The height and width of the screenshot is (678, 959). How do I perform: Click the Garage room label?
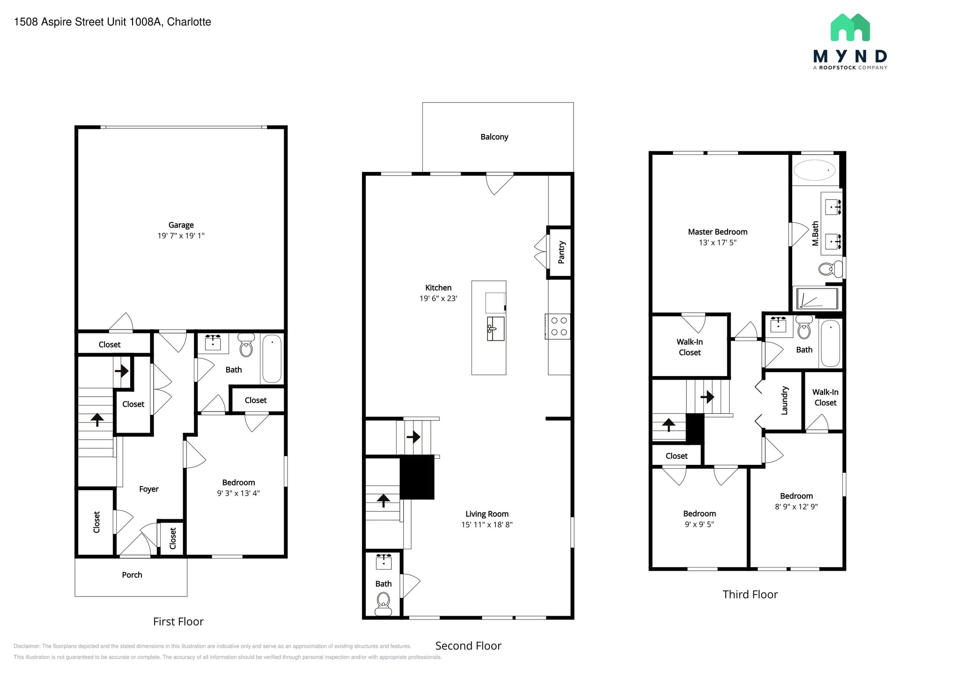[181, 225]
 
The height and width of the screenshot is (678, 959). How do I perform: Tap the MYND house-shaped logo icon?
[850, 28]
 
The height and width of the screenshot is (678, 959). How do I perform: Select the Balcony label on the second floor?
[494, 137]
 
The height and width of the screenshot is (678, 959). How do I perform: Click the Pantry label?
[561, 252]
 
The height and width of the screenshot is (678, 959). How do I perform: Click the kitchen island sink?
[495, 328]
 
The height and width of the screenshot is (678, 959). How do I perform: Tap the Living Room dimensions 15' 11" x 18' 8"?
[487, 525]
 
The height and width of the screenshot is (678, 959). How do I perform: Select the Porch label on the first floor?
[132, 575]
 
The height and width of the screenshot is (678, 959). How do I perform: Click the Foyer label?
[148, 489]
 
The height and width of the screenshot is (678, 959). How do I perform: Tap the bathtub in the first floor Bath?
[272, 358]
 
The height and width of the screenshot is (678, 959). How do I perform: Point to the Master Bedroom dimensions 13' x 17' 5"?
[717, 243]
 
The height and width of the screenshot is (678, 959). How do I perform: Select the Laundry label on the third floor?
[785, 400]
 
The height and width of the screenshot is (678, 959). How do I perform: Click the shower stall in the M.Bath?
[817, 299]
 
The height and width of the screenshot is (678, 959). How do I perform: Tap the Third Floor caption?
[750, 595]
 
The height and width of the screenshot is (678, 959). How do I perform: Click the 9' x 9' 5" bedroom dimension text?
[699, 524]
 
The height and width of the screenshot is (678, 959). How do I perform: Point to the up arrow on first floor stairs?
[97, 419]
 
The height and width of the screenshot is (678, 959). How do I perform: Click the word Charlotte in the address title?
[189, 22]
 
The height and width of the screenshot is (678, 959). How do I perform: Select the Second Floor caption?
[468, 646]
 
